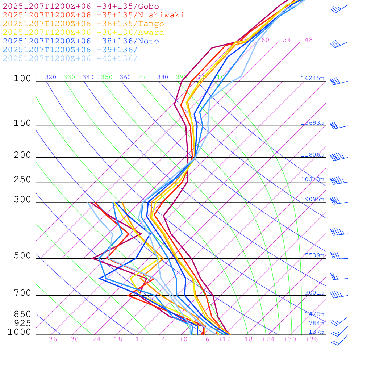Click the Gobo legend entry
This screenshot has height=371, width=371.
81,6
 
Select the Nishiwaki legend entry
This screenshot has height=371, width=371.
93,15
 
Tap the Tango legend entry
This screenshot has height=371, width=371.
83,24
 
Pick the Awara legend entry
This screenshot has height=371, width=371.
83,33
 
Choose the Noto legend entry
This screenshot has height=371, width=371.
81,41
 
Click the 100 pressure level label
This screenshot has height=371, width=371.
22,78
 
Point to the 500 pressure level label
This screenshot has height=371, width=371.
22,256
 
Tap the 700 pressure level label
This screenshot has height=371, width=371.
22,293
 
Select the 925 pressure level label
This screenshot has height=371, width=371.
22,323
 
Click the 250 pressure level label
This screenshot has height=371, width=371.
22,179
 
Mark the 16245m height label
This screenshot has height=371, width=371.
313,78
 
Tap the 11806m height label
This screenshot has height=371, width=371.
313,155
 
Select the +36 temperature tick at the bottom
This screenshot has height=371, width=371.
312,339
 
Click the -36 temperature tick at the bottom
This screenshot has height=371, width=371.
51,339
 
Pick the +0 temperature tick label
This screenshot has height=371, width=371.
183,339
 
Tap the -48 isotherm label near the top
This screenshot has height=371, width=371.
306,40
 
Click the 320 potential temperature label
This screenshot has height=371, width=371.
51,77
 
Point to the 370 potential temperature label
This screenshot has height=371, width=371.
144,77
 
